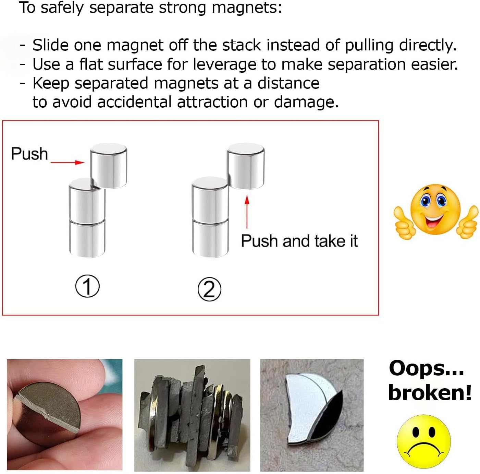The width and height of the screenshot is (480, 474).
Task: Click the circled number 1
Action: tap(87, 286)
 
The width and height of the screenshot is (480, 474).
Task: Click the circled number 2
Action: tap(209, 289)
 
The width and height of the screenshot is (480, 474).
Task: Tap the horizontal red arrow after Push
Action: tap(67, 163)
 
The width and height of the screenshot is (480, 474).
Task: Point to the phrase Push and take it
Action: tap(299, 241)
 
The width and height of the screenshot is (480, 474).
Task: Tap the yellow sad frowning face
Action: tap(424, 441)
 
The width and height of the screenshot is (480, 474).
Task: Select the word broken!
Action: tap(430, 393)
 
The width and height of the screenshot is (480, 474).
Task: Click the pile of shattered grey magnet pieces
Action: tap(192, 414)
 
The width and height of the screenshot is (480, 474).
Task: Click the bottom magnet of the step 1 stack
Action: tap(87, 238)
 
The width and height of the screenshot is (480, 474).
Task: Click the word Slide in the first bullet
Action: tap(51, 45)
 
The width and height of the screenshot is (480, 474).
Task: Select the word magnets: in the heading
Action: tap(247, 8)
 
